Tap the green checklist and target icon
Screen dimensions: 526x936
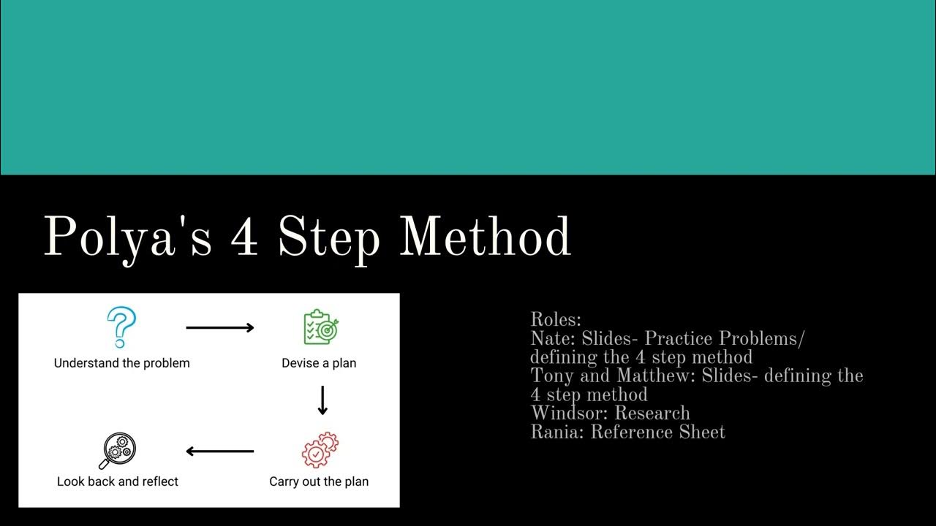321,327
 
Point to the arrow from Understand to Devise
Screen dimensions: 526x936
219,328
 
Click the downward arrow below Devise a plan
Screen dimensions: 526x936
322,400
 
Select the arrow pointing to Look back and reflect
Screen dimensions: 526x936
219,451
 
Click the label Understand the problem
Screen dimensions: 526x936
121,363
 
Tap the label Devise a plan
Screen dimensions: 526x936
319,363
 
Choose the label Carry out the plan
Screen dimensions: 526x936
319,481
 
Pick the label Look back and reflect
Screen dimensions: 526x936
118,481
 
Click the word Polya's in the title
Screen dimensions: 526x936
128,237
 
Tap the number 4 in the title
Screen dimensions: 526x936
244,237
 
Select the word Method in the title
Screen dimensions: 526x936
485,237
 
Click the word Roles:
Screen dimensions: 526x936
556,320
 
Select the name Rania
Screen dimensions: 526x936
556,432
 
